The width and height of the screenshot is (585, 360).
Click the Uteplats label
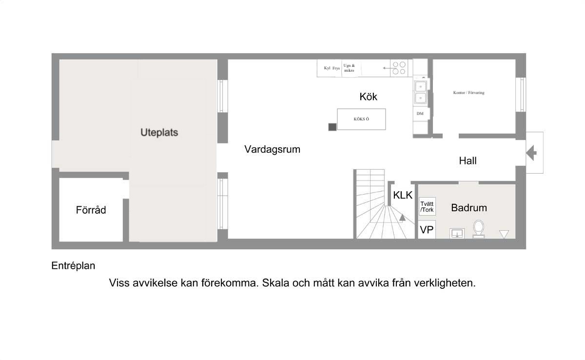[x=159, y=133]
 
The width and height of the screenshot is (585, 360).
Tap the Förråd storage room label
[x=91, y=210]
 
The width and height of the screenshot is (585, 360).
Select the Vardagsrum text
[x=273, y=149]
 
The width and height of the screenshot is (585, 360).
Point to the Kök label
[x=368, y=97]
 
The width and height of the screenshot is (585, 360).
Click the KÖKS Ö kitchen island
[x=361, y=119]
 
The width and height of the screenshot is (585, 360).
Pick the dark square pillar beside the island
[x=332, y=127]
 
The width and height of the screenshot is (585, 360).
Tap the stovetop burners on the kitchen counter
[x=399, y=68]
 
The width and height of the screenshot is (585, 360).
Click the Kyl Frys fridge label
[x=331, y=68]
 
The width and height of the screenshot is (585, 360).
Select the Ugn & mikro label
[x=349, y=68]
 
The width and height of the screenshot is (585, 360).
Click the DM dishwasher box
[x=420, y=113]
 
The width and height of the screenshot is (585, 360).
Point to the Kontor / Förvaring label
[x=469, y=93]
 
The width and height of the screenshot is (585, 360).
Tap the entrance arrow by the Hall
[x=531, y=153]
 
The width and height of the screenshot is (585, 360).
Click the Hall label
[x=468, y=160]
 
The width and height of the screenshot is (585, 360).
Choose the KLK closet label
[x=403, y=195]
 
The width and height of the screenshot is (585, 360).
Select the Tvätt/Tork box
[x=427, y=206]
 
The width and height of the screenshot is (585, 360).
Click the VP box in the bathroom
[x=427, y=230]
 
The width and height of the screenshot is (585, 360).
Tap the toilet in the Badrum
[x=478, y=229]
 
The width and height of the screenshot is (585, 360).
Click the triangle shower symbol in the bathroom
[x=504, y=234]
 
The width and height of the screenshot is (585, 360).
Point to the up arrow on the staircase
[x=403, y=218]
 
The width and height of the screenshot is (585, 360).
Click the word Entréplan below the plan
[x=74, y=266]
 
